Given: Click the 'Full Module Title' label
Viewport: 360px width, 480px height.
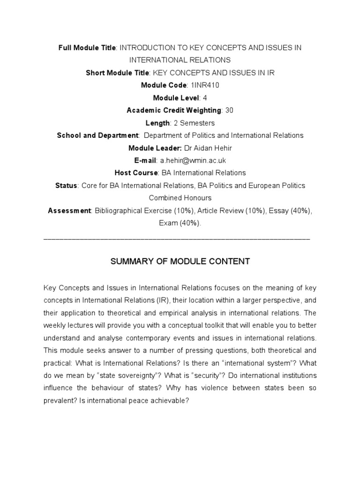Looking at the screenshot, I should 87,48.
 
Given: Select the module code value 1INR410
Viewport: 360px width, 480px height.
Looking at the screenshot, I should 202,85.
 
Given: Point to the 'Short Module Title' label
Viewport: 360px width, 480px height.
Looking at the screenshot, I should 117,73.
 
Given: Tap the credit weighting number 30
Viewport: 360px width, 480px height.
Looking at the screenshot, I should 229,110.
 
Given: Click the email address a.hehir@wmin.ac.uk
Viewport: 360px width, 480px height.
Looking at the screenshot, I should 193,160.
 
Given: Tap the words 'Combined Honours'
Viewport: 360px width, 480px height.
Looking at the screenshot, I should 180,198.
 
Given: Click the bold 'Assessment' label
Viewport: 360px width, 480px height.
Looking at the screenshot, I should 69,210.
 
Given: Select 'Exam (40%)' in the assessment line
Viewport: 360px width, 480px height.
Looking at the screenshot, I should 180,223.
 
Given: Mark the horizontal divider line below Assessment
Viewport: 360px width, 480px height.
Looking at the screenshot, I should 177,240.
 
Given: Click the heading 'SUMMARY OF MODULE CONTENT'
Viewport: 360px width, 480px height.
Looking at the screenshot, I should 180,262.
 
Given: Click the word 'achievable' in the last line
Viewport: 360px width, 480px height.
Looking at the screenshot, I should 165,388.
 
